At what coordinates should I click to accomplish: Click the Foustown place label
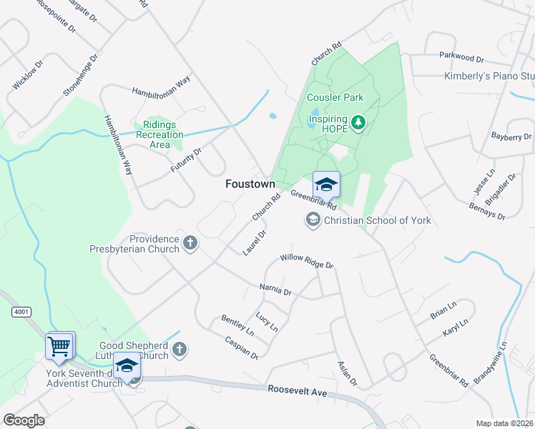[250, 184]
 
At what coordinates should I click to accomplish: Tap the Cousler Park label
[335, 97]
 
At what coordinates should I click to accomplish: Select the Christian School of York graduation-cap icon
[313, 220]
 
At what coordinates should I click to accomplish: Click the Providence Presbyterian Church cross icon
[190, 243]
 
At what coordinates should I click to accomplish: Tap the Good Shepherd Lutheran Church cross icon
[180, 350]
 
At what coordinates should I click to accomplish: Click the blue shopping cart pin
[59, 346]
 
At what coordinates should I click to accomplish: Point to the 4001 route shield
[21, 312]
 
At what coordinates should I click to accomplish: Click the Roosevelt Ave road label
[297, 391]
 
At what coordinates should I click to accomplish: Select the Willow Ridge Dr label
[307, 261]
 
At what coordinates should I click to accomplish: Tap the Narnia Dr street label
[275, 290]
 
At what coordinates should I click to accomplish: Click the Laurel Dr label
[254, 242]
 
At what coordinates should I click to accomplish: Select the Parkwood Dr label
[462, 56]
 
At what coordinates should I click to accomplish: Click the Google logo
[24, 420]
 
